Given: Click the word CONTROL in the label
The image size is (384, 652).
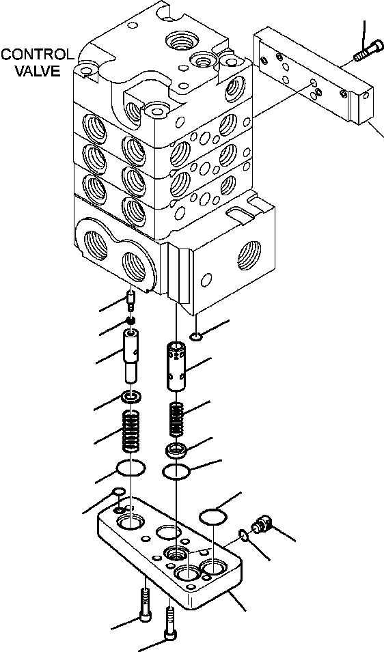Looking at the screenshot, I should (x=37, y=54).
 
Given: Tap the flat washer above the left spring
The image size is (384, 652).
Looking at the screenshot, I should (x=131, y=397).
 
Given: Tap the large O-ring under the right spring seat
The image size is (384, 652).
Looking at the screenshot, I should (x=176, y=472).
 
